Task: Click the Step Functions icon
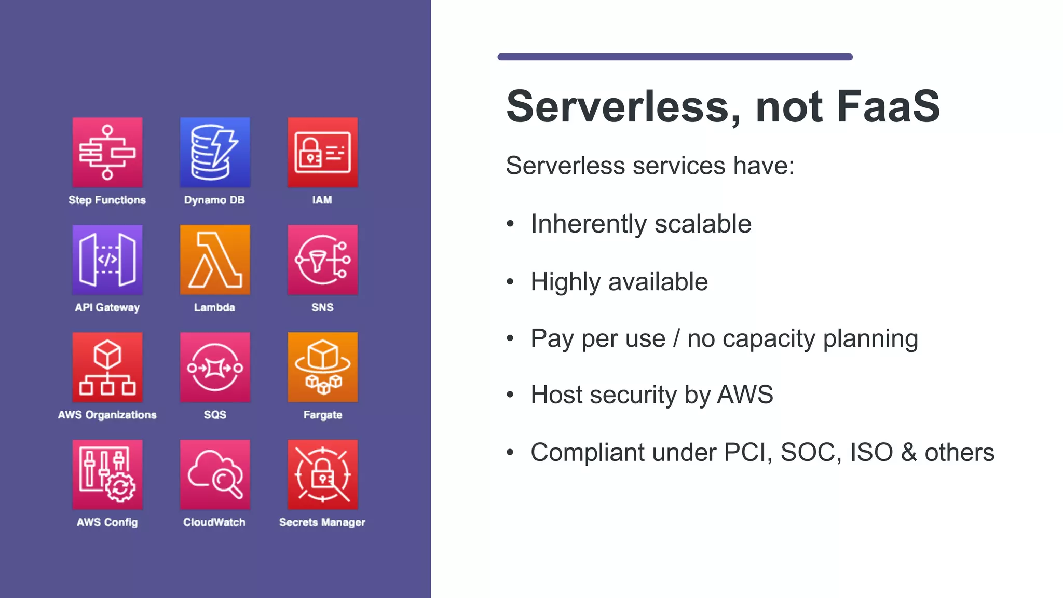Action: [107, 152]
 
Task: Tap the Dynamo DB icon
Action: [215, 152]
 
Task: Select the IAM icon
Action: [322, 152]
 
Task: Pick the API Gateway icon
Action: [107, 260]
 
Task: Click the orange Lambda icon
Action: [215, 260]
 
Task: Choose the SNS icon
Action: [322, 260]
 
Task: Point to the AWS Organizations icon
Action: [107, 367]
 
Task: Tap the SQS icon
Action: [215, 367]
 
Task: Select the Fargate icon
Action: [322, 367]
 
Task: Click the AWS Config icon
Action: [107, 474]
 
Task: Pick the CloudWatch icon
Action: [215, 474]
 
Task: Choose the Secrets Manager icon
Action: [322, 474]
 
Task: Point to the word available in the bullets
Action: [658, 282]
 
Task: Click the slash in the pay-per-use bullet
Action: [676, 338]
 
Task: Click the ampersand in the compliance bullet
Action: [909, 452]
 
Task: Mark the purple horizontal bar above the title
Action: [675, 57]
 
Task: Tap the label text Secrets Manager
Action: [322, 522]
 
